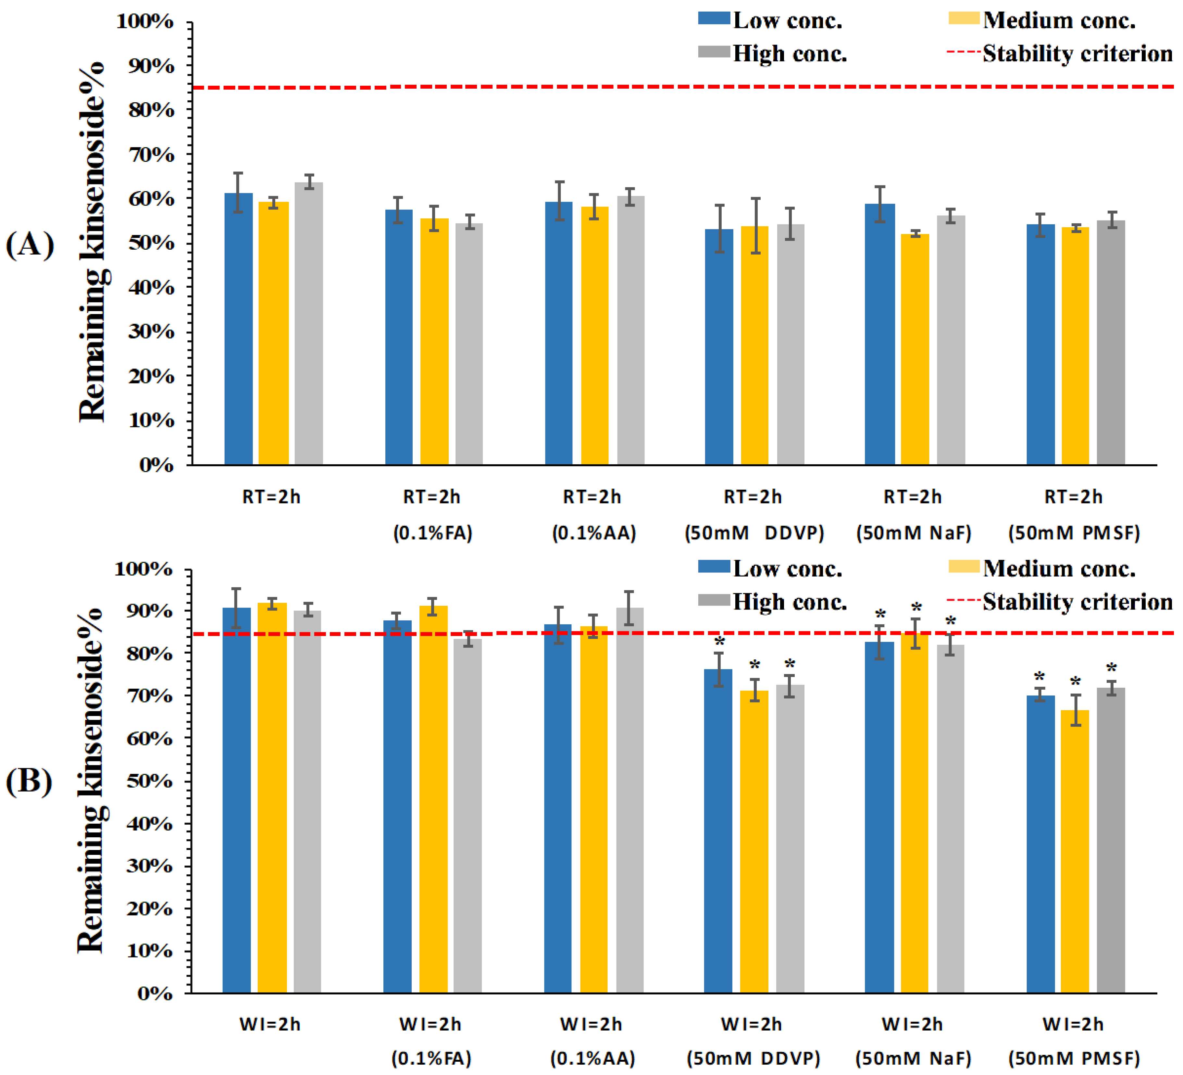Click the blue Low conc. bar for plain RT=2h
[x=238, y=329]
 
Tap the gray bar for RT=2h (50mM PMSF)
[x=1111, y=343]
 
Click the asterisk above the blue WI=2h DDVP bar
[x=719, y=641]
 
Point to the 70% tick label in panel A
[x=151, y=155]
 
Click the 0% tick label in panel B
[x=156, y=994]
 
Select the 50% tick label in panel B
[x=150, y=781]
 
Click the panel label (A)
[x=30, y=245]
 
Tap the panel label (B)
[x=29, y=781]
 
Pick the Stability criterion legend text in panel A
[x=1078, y=53]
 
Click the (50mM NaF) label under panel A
[x=914, y=533]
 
